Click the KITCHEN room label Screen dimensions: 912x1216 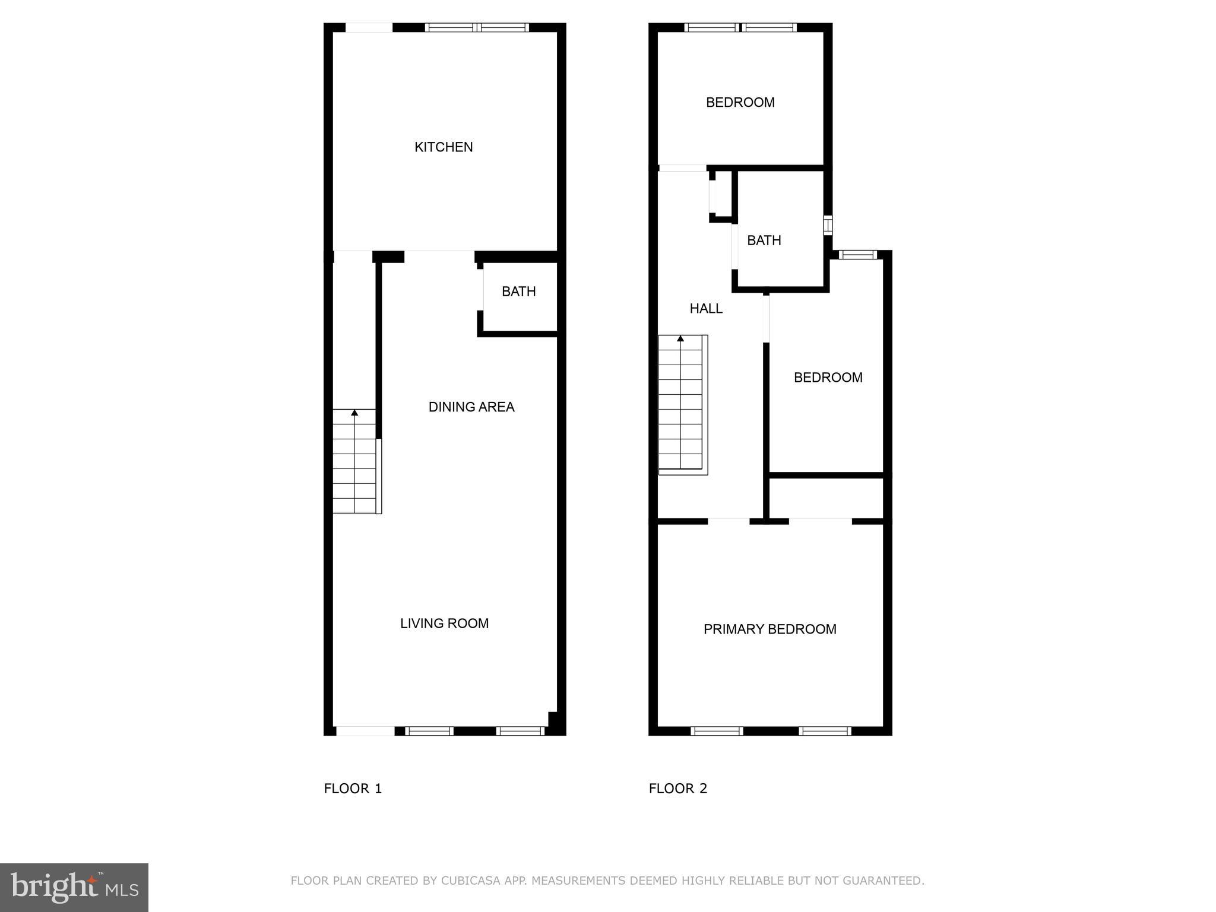click(x=444, y=147)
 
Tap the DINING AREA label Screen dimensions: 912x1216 click(x=471, y=407)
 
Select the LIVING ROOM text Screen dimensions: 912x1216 click(x=444, y=623)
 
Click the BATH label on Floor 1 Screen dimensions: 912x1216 click(x=518, y=292)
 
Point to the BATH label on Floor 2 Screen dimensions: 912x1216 click(x=764, y=240)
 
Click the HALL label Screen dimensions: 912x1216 click(x=706, y=309)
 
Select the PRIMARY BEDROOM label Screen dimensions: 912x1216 click(x=769, y=629)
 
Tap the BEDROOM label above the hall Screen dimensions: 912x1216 click(x=740, y=103)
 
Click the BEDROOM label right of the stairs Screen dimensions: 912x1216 click(x=828, y=378)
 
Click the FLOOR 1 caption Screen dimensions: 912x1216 click(x=353, y=788)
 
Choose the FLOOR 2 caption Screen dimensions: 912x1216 click(x=677, y=788)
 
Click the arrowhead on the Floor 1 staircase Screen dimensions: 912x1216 click(x=354, y=412)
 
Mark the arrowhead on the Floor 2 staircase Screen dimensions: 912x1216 click(x=680, y=338)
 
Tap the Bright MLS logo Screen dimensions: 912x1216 click(x=74, y=888)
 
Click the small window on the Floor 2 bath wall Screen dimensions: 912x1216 click(x=828, y=226)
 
